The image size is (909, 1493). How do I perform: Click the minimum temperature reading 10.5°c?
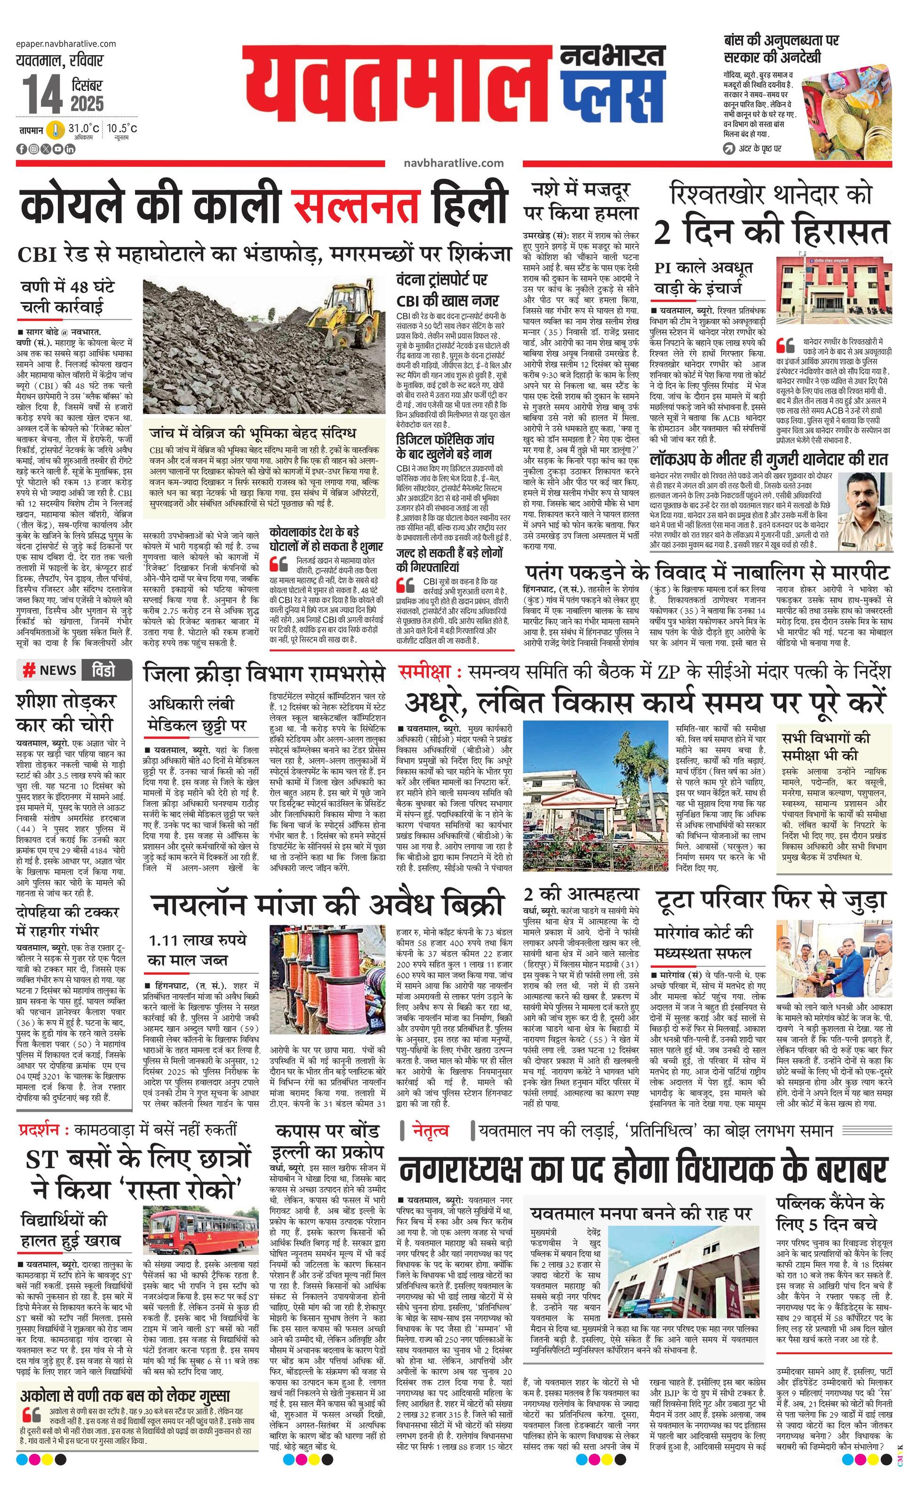pos(122,128)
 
